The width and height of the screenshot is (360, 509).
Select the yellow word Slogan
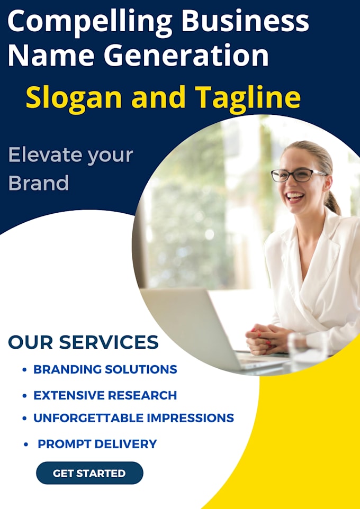click(75, 97)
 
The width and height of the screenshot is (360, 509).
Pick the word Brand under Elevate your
click(39, 183)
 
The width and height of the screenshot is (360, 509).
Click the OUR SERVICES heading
click(83, 342)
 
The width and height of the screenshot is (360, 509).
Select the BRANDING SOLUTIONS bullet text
click(105, 369)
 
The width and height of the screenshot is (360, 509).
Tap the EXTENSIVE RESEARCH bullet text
click(105, 395)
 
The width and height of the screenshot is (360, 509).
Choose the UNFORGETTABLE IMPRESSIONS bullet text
click(133, 417)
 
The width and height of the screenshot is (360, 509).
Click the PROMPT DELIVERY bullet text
click(97, 444)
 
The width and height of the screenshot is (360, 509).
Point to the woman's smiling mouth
click(295, 197)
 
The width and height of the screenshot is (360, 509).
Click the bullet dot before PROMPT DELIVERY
click(26, 444)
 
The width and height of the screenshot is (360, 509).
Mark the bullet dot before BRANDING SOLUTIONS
click(25, 370)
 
